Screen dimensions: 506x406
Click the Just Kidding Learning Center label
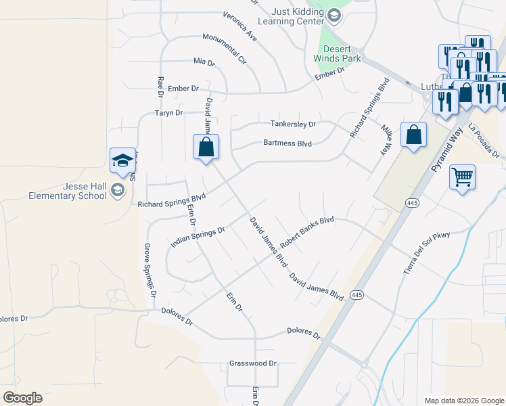[298, 16]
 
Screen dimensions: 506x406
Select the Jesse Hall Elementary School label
[67, 191]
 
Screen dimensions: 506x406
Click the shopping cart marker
[462, 177]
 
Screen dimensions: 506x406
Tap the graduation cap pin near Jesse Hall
[122, 160]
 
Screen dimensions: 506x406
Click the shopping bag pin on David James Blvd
[206, 147]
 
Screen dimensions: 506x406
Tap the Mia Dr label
[204, 62]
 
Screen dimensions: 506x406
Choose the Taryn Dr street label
[169, 113]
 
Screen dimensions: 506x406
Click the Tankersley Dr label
[293, 125]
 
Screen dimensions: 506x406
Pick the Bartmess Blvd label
[287, 143]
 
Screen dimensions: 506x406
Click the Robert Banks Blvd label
[308, 230]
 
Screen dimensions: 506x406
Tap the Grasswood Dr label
[253, 363]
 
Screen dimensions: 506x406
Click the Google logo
[22, 398]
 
